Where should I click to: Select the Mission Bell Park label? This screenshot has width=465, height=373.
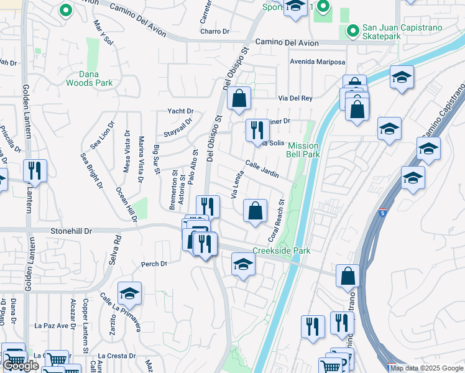[303, 150]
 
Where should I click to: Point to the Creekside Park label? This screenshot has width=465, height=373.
[281, 251]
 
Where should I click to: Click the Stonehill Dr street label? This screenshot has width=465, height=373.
[71, 231]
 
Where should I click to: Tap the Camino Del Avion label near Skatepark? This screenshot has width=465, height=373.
[287, 43]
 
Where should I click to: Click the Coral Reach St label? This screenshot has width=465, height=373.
[276, 221]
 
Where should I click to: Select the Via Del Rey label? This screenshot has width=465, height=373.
[295, 98]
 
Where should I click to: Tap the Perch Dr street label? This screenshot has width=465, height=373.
[154, 264]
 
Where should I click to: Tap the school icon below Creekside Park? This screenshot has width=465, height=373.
[243, 265]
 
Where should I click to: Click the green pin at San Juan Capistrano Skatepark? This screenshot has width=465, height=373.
[352, 30]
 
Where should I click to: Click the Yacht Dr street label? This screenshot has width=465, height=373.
[180, 111]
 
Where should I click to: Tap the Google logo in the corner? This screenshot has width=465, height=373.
[21, 366]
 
